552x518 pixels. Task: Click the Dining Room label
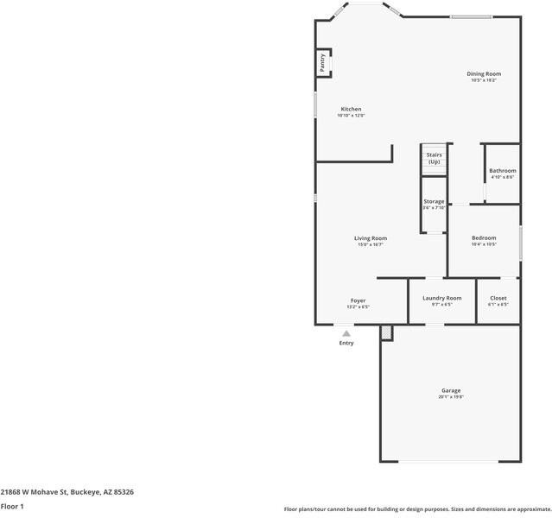click(484, 73)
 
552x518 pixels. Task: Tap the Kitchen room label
click(351, 109)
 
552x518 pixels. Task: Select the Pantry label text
click(322, 62)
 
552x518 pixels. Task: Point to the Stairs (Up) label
click(434, 158)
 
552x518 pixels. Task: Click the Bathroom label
click(502, 170)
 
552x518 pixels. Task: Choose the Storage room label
click(434, 201)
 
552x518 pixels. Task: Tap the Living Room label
click(371, 238)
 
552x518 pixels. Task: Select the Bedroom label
click(484, 237)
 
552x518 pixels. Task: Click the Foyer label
click(358, 300)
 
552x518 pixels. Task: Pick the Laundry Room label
click(441, 298)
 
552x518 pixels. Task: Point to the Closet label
click(498, 298)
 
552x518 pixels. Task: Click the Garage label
click(451, 390)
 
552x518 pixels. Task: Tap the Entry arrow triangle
click(346, 333)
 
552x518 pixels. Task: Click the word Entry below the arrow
click(346, 343)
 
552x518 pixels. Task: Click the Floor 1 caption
click(11, 506)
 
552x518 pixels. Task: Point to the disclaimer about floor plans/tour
click(418, 509)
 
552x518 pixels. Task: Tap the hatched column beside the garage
click(386, 332)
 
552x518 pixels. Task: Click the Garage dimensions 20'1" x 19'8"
click(451, 397)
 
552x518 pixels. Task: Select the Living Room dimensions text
click(371, 245)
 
